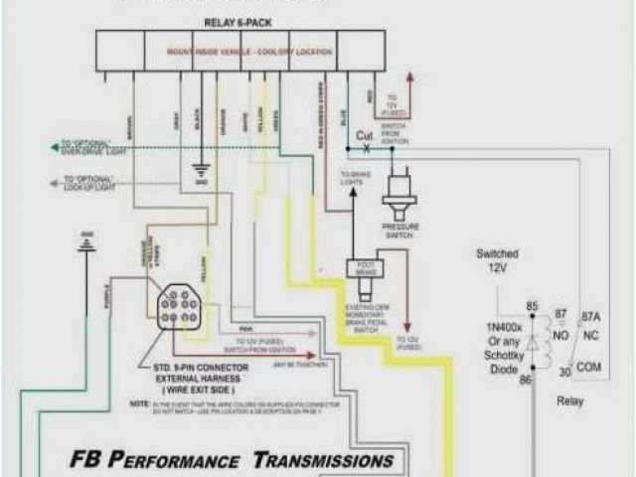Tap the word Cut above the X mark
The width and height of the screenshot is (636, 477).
(x=366, y=134)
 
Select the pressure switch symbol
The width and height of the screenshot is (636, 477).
(x=400, y=194)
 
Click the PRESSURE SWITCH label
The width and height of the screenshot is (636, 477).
(x=400, y=231)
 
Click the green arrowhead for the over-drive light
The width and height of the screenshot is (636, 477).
(x=55, y=147)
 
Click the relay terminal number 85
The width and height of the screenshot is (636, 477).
(x=532, y=306)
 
